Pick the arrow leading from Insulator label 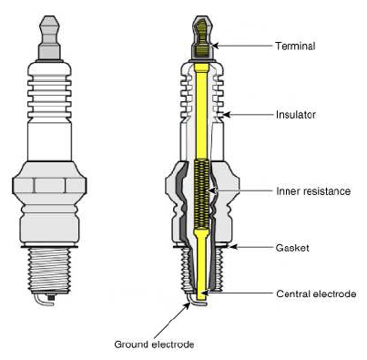click(x=250, y=116)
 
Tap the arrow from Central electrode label click(x=240, y=293)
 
